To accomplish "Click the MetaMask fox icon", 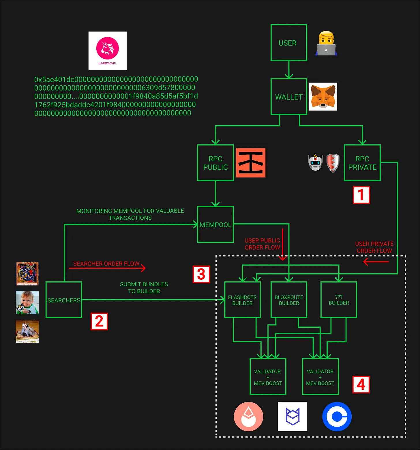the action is [x=323, y=97].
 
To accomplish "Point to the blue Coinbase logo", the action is [x=337, y=417].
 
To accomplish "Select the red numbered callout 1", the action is [x=361, y=195].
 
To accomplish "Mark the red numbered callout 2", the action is [x=99, y=321].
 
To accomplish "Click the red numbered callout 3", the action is [x=201, y=274].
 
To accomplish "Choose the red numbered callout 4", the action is [x=361, y=384].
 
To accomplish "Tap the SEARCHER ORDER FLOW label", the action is [x=106, y=264].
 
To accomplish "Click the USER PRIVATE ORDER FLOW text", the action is [x=374, y=247].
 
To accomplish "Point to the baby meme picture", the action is [x=27, y=303].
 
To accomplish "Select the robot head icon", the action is [x=315, y=162].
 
